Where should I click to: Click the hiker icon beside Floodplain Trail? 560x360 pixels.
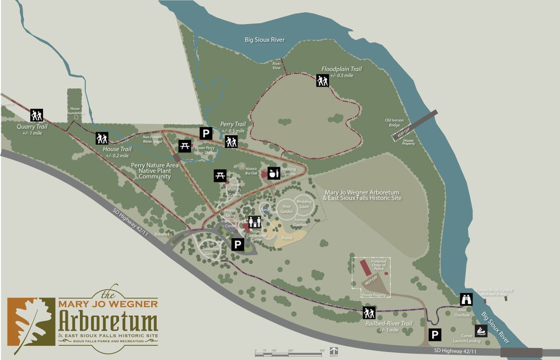322,81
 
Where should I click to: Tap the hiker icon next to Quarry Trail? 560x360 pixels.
36,115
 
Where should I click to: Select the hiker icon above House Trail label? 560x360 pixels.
102,138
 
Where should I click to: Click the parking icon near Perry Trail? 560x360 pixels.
206,134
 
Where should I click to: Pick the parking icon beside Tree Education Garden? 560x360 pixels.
238,244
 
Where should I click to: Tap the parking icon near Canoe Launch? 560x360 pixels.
434,334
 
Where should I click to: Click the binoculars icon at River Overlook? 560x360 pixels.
466,299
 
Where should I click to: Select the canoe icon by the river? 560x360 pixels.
481,332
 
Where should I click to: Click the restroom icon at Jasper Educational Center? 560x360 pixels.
255,222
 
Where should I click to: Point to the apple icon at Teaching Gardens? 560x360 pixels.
273,173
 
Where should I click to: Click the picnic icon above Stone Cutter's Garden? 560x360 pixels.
220,176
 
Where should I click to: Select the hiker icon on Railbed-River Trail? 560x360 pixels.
369,313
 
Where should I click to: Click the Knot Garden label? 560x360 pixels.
287,209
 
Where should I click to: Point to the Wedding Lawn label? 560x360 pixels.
304,204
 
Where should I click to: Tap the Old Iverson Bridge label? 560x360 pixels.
394,122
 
